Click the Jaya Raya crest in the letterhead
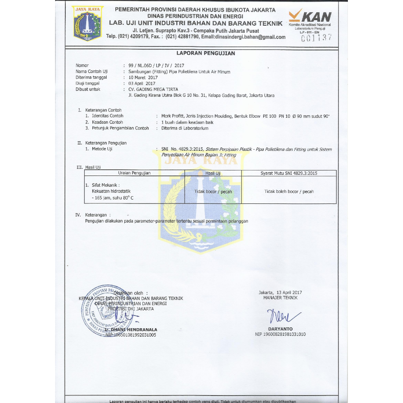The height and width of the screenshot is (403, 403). (88, 23)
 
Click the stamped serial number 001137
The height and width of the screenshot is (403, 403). (316, 38)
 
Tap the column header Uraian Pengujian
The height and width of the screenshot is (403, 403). (134, 173)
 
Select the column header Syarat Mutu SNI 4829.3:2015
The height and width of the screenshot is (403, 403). (289, 173)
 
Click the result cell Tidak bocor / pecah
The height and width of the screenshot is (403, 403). (213, 192)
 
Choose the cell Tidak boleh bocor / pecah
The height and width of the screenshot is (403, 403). (289, 192)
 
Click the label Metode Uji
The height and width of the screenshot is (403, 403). (102, 149)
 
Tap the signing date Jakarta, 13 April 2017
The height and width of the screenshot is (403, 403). (280, 292)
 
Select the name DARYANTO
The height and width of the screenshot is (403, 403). (280, 329)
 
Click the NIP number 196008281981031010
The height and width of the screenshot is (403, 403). (280, 335)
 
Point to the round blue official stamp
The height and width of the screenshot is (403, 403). (103, 311)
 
